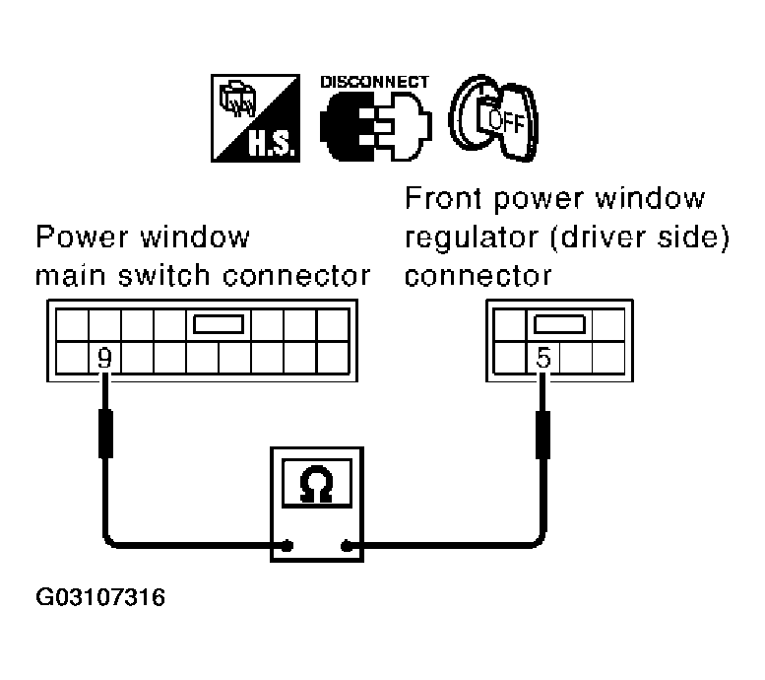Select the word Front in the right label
click(439, 200)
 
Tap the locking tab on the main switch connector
click(220, 326)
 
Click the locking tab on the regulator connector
click(558, 326)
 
